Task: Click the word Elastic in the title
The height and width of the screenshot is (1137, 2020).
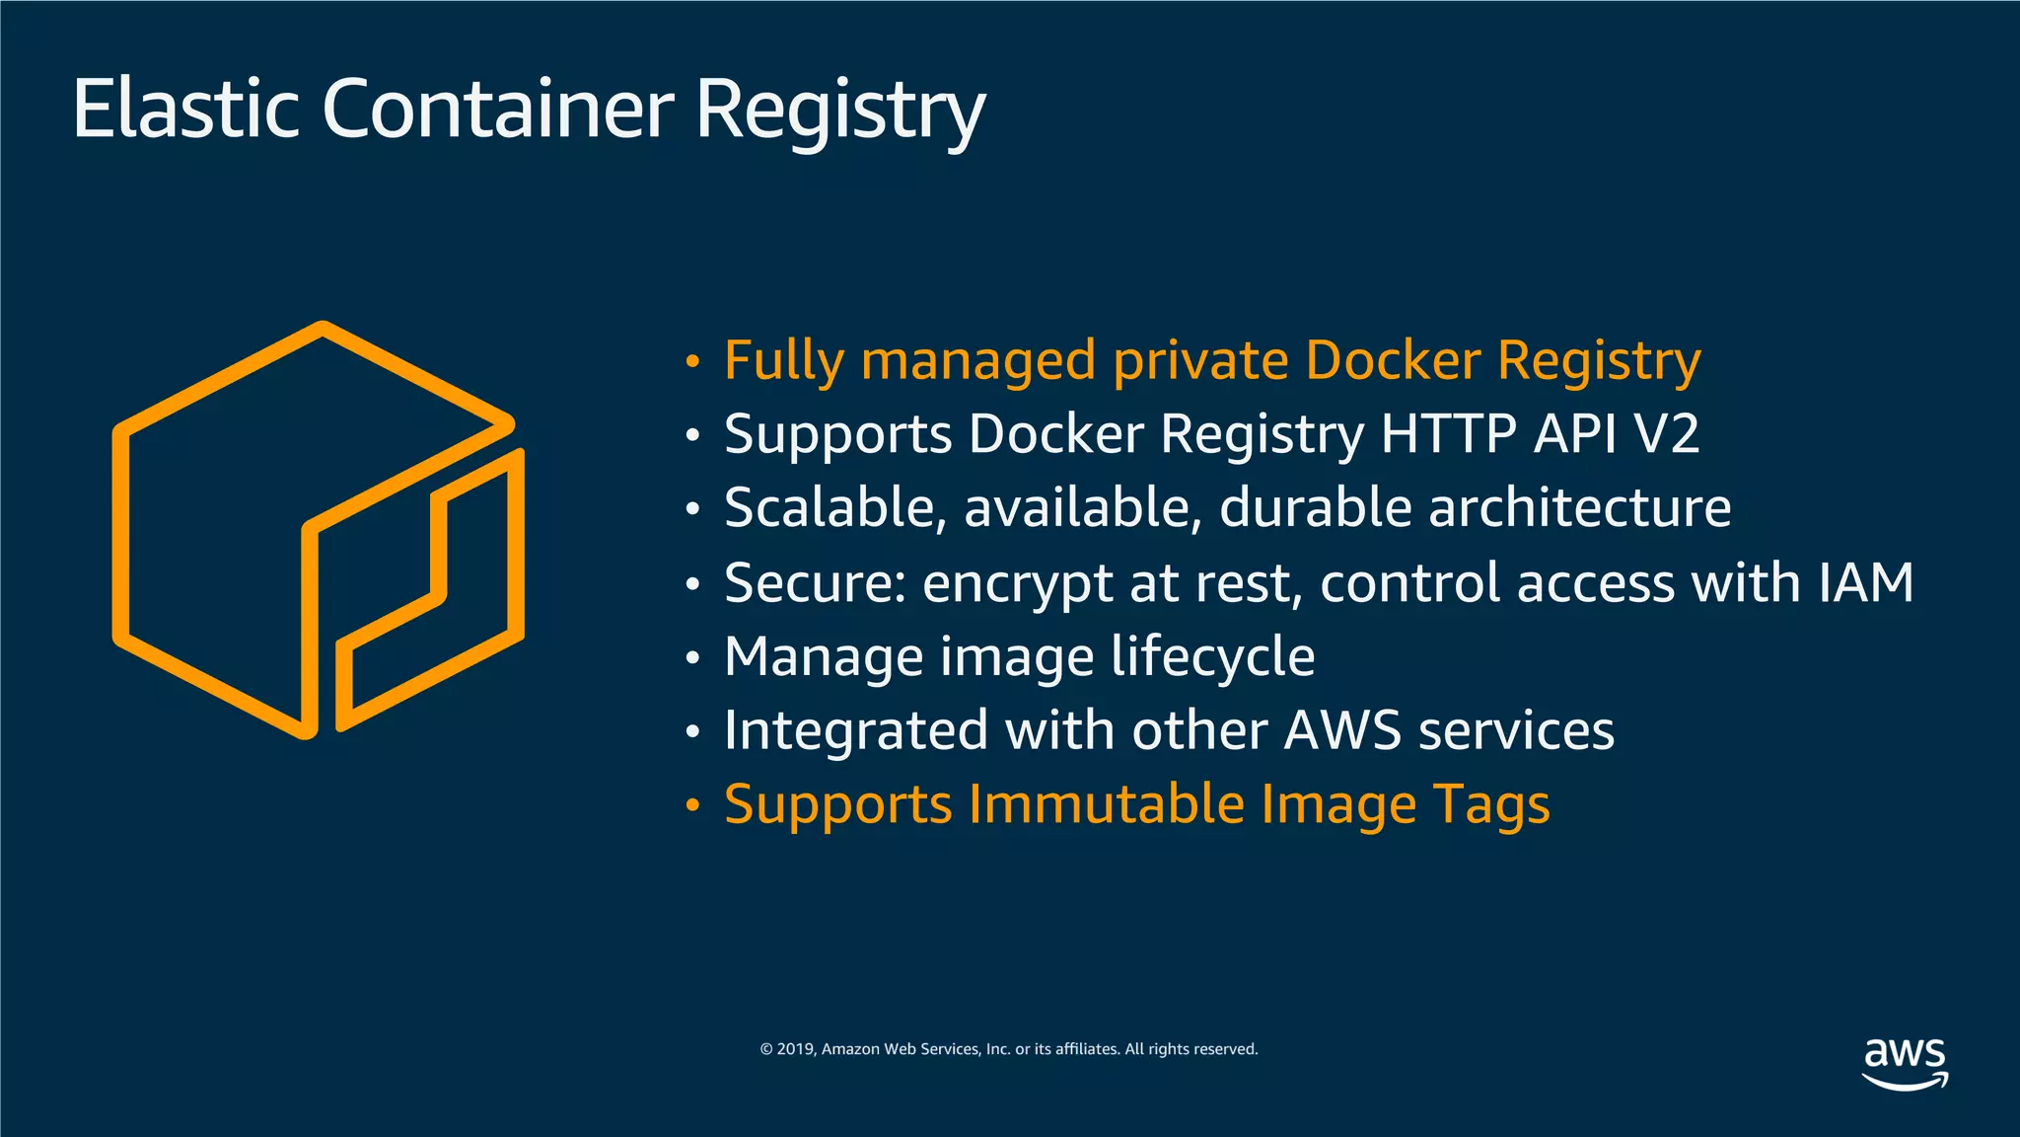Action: [185, 109]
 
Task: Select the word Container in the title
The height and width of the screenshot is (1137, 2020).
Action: [498, 109]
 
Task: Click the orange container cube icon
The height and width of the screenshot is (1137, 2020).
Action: [318, 530]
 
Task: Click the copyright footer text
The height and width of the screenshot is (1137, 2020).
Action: [1009, 1049]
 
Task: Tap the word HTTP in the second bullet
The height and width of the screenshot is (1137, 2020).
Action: [1448, 434]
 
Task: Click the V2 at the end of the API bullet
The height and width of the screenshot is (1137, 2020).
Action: [1667, 434]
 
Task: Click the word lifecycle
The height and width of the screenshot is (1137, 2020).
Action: [1212, 657]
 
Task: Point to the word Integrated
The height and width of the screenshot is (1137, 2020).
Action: [855, 731]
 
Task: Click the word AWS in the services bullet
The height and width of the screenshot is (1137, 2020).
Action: [1342, 731]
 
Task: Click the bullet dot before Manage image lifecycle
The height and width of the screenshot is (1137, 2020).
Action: [693, 658]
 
